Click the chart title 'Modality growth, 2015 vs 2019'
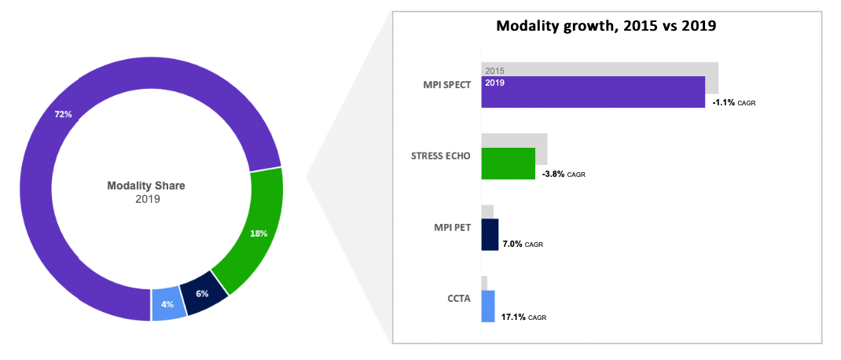[x=605, y=26]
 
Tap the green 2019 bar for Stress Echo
[x=508, y=163]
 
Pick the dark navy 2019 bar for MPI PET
[x=490, y=234]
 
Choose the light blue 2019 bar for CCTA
[x=488, y=306]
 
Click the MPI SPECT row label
[x=446, y=85]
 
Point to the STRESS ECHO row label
[x=441, y=156]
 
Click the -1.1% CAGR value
[x=733, y=103]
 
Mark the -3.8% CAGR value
[x=564, y=174]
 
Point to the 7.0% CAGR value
[x=523, y=244]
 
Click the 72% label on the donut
[x=63, y=115]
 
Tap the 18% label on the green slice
[x=259, y=233]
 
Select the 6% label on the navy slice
[x=202, y=294]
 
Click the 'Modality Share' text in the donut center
[x=146, y=186]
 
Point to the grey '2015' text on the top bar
[x=494, y=71]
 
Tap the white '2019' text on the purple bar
[x=495, y=83]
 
